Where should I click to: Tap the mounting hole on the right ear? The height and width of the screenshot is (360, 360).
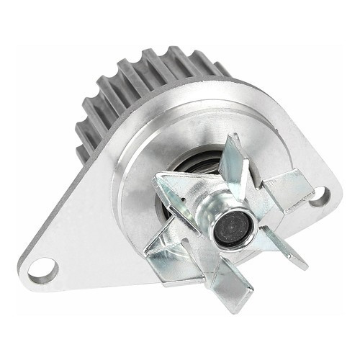318,194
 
